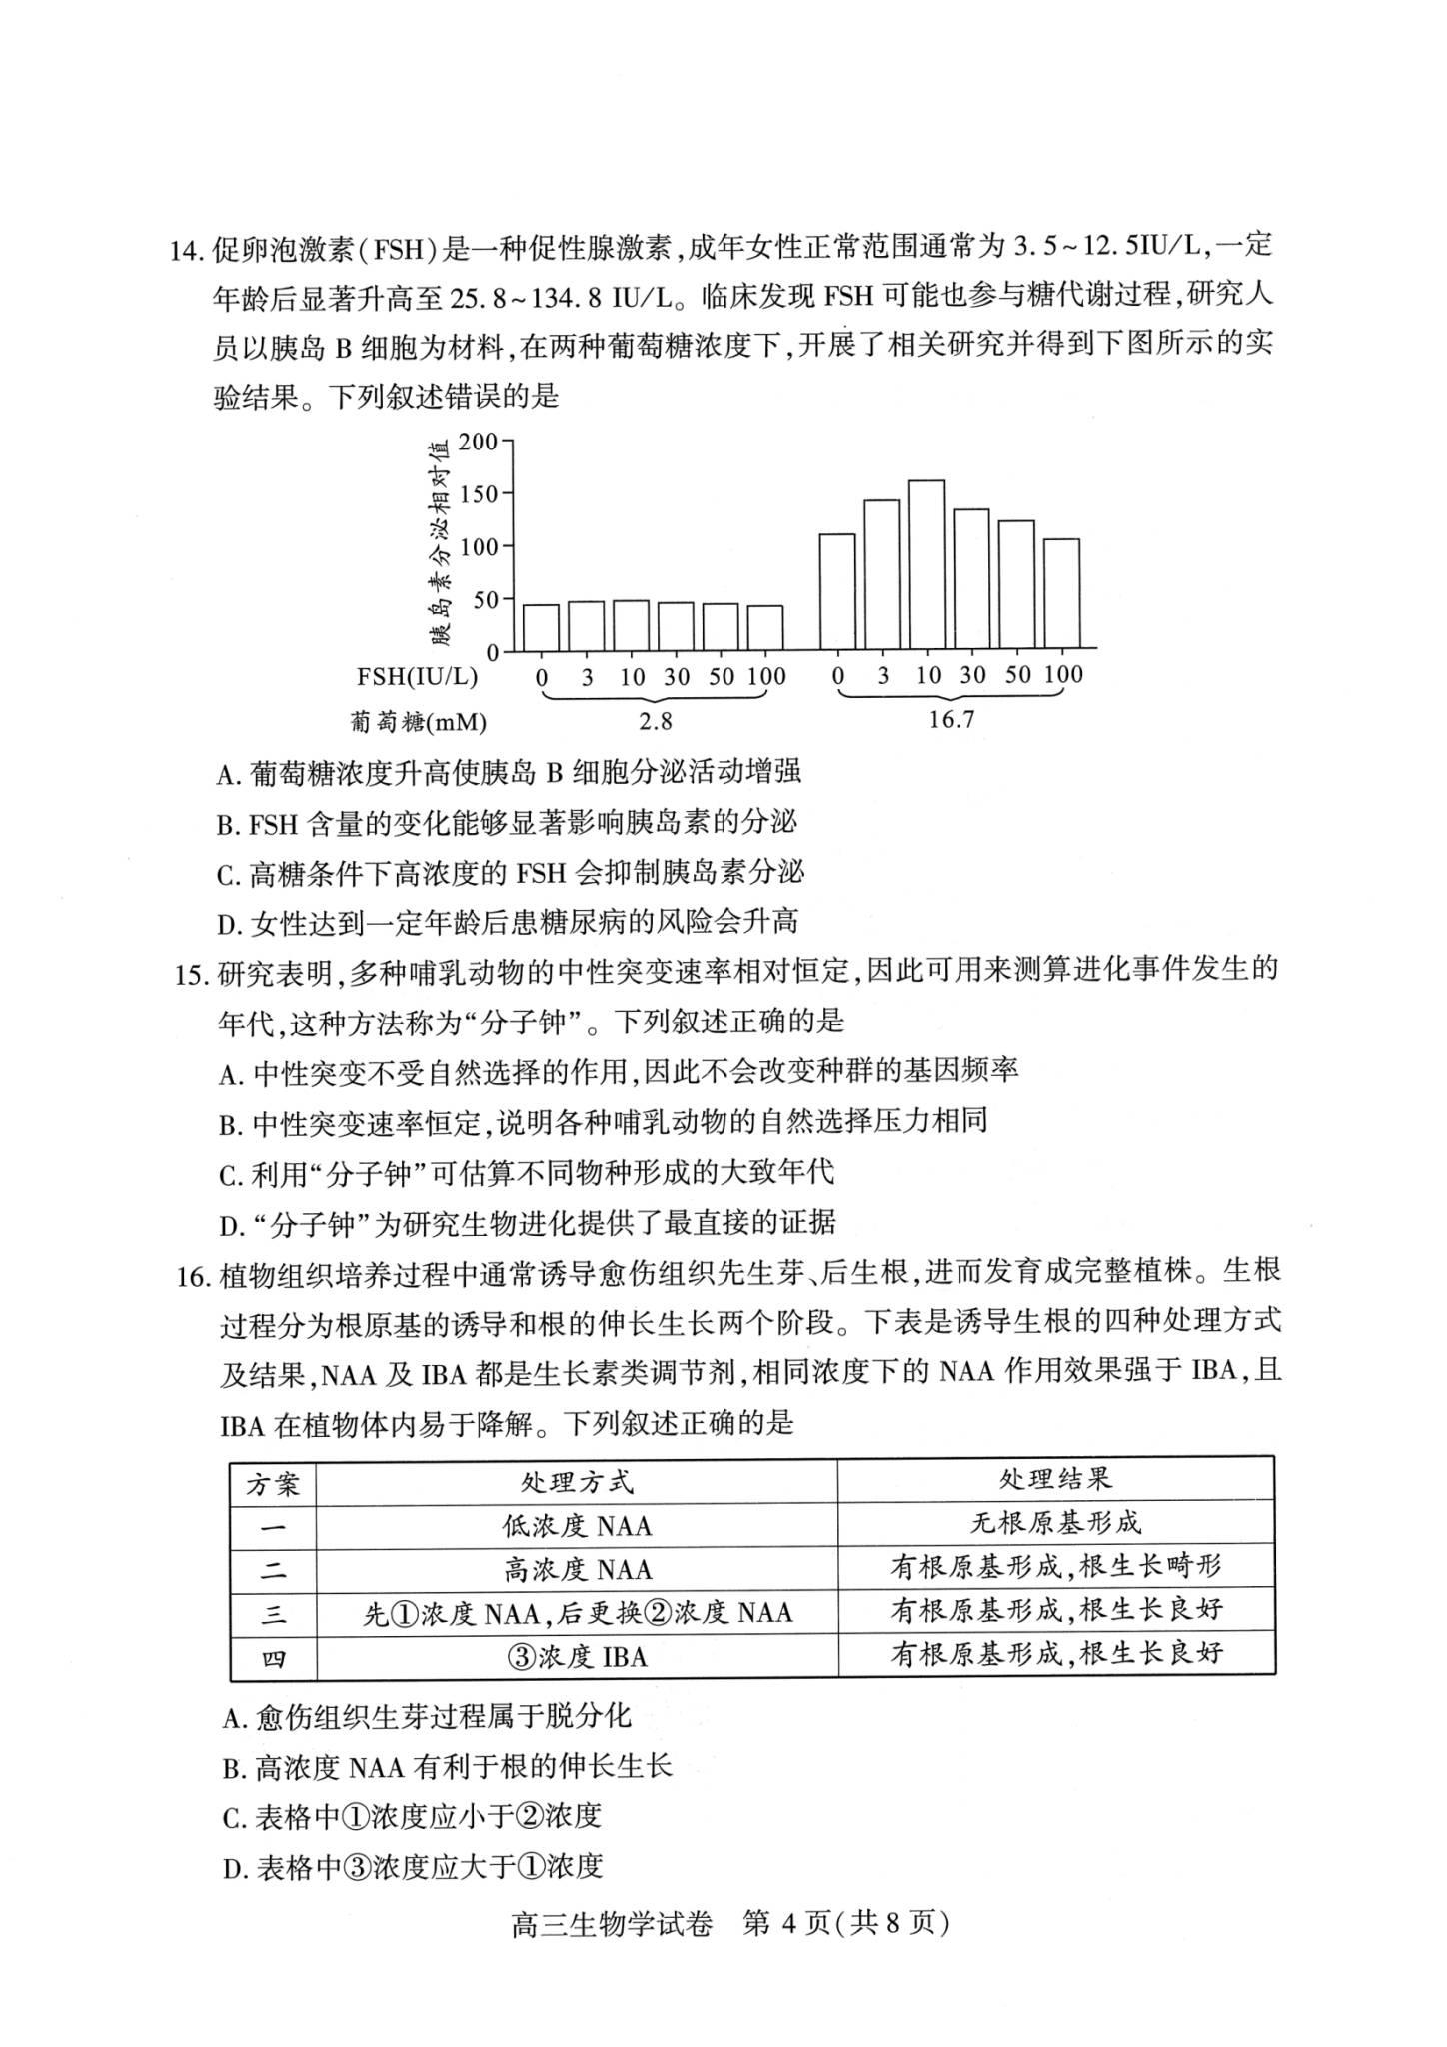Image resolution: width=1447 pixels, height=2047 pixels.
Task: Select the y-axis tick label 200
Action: click(477, 442)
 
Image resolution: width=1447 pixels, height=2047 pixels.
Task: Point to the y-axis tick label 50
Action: click(484, 600)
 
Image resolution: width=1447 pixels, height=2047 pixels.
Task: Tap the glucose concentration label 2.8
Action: click(655, 720)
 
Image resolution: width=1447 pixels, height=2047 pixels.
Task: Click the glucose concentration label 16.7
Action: click(950, 720)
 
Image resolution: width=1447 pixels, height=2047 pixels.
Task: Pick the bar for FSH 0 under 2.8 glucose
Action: click(541, 627)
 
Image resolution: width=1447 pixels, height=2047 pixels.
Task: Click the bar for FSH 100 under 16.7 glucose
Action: click(1061, 594)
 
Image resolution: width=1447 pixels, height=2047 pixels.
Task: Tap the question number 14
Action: click(187, 250)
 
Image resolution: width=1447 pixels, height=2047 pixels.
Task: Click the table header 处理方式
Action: click(577, 1482)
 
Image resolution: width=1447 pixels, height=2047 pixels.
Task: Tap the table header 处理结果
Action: click(1055, 1480)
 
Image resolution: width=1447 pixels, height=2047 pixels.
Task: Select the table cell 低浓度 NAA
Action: click(577, 1526)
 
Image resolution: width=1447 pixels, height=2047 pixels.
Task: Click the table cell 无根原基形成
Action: click(1055, 1524)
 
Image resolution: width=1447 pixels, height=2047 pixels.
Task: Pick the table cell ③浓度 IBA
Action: click(577, 1657)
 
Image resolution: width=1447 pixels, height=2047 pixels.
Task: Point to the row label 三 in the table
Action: click(273, 1614)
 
